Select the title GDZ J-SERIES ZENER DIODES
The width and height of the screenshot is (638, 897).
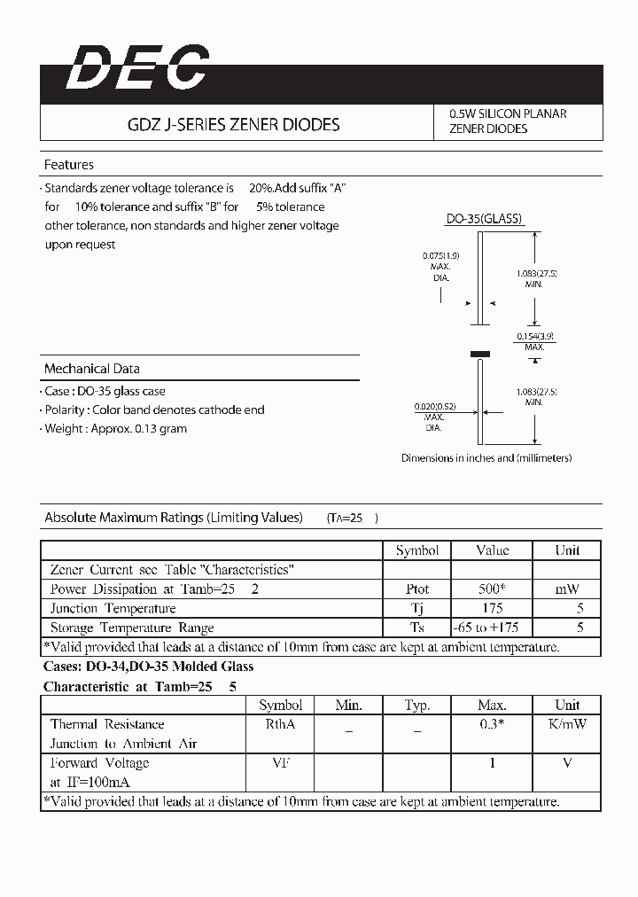point(234,125)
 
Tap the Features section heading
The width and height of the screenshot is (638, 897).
point(69,165)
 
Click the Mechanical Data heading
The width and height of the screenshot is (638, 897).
point(92,369)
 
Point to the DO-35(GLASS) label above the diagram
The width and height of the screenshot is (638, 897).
point(484,219)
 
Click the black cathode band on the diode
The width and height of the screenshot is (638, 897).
point(479,354)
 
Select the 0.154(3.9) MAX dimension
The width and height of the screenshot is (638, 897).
point(534,341)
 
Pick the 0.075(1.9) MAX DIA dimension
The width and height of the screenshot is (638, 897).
point(440,266)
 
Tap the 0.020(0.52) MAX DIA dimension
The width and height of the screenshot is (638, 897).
point(433,417)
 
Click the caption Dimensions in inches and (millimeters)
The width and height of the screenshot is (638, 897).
point(486,458)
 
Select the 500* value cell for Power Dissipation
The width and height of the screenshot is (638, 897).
point(492,589)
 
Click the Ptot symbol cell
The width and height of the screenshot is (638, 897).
point(417,589)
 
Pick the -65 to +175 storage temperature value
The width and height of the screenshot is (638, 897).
point(492,628)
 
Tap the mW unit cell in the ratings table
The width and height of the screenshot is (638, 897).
point(567,589)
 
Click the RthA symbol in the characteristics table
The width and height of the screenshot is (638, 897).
point(281,724)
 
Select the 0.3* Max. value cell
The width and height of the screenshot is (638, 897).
point(492,724)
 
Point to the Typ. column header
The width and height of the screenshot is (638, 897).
point(417,706)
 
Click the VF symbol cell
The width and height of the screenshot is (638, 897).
point(281,763)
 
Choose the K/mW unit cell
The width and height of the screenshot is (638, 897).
point(567,724)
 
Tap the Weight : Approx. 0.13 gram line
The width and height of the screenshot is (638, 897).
point(116,429)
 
